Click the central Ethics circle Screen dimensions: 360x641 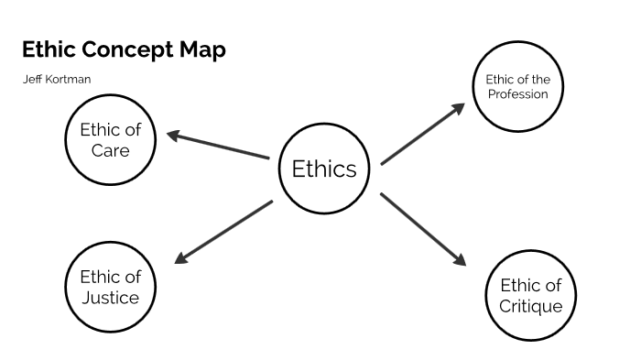323,169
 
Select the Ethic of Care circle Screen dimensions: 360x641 110,137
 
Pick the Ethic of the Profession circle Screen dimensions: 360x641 516,86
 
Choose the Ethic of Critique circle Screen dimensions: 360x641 530,295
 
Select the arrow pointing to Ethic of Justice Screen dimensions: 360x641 223,231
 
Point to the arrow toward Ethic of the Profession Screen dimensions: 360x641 423,134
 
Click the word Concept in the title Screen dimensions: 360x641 126,49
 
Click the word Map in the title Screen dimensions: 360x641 203,49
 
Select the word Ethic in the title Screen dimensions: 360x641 47,49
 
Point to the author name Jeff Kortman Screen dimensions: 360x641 56,80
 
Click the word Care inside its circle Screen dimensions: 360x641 110,148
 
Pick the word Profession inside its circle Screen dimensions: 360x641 516,93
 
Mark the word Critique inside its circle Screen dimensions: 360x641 530,306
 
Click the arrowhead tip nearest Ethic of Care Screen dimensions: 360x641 168,136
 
